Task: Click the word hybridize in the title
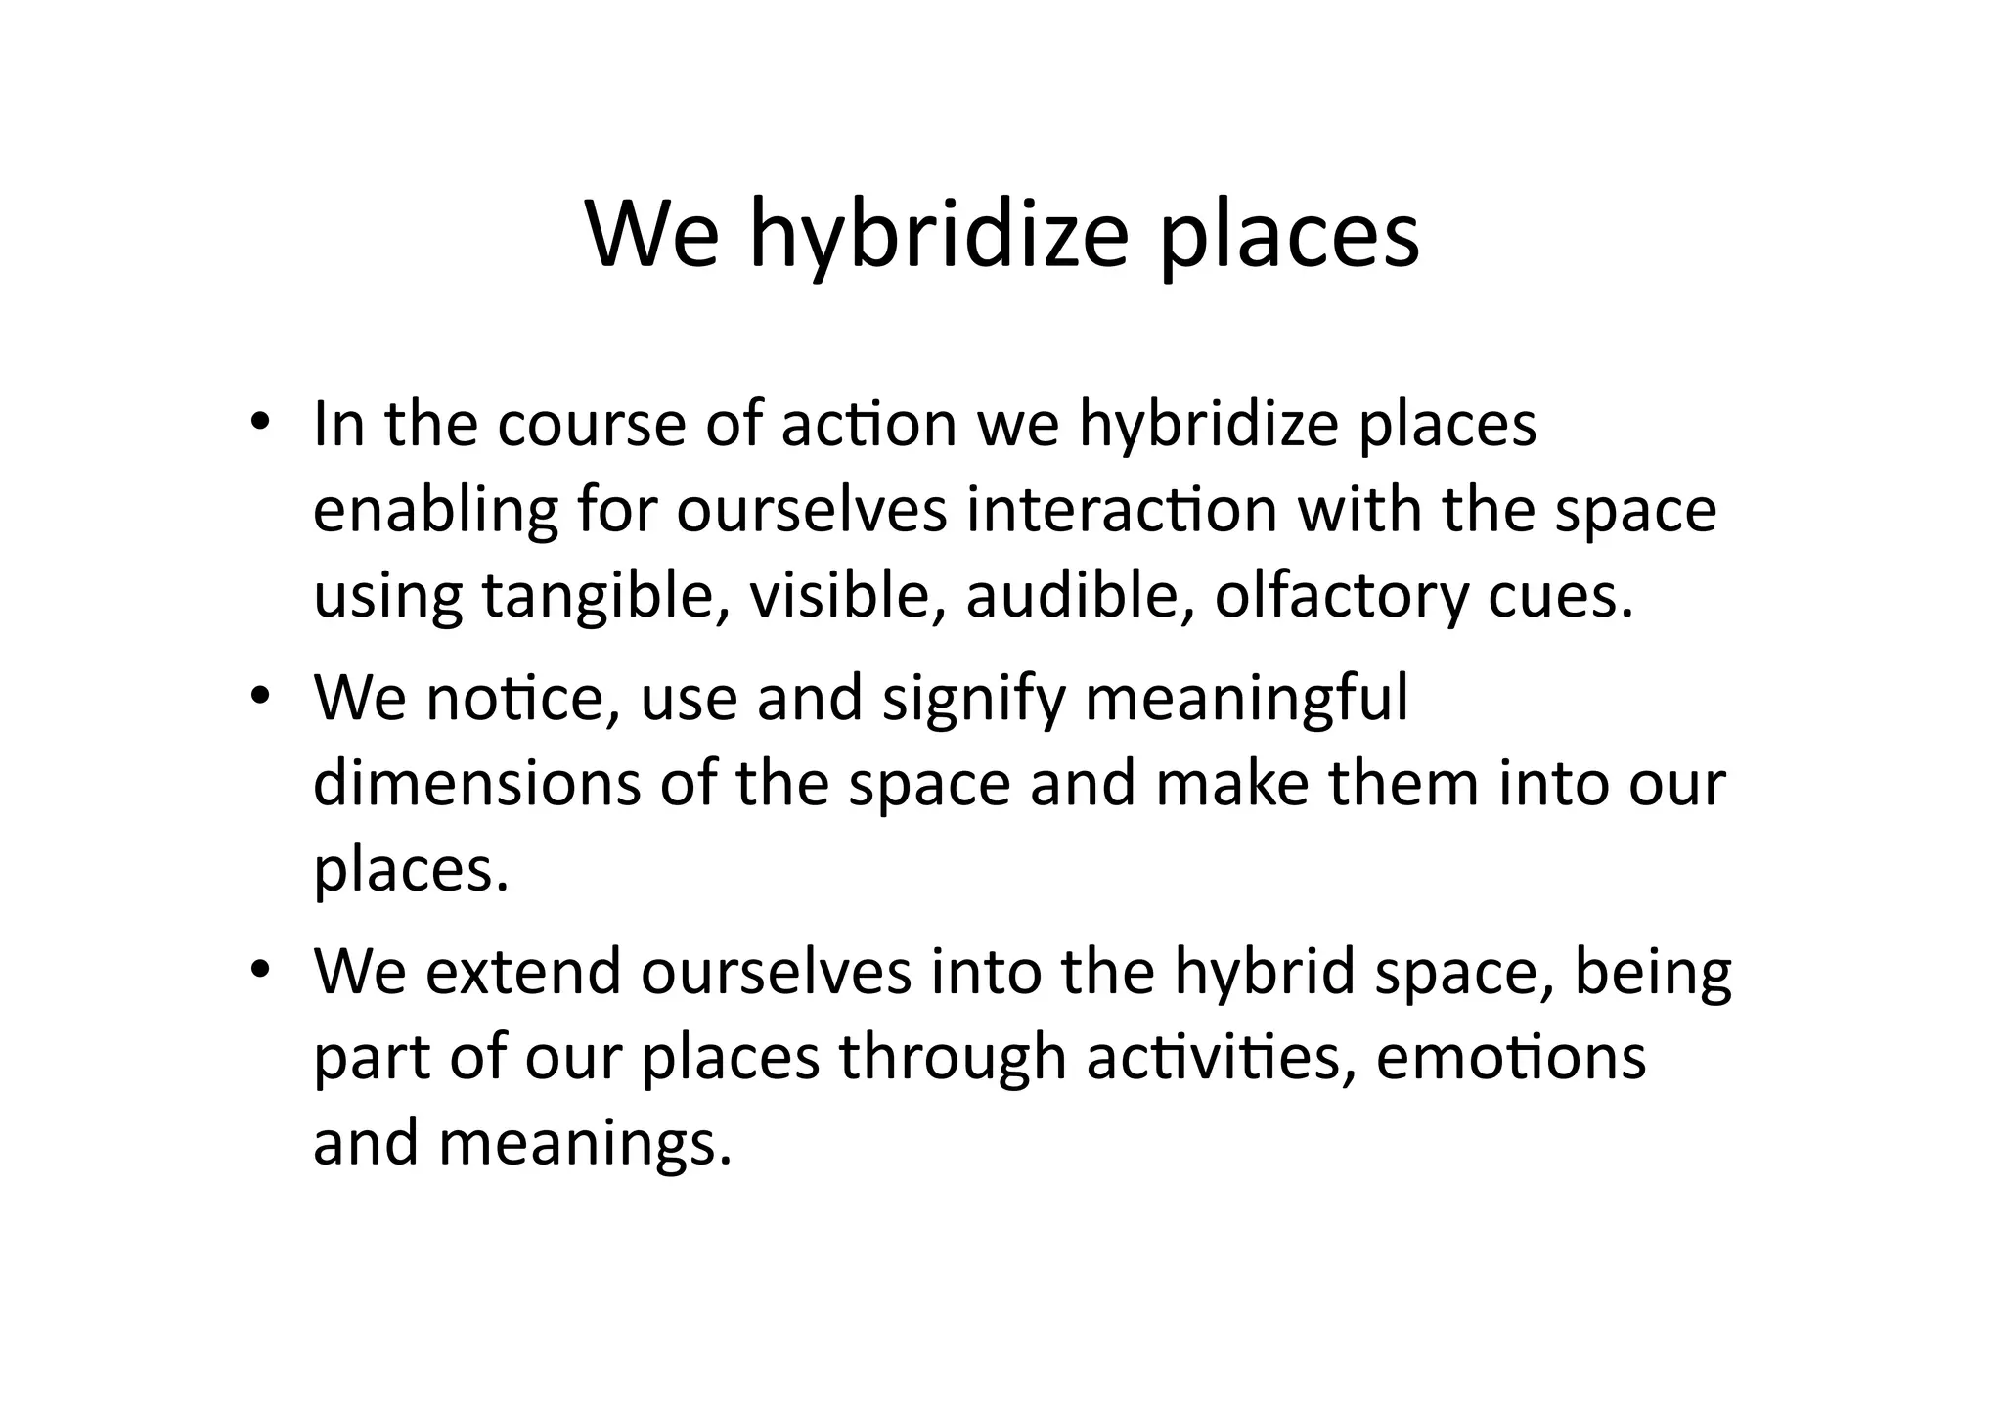939,235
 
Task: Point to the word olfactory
1341,597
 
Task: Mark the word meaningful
1247,701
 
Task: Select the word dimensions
476,785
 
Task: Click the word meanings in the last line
584,1145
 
